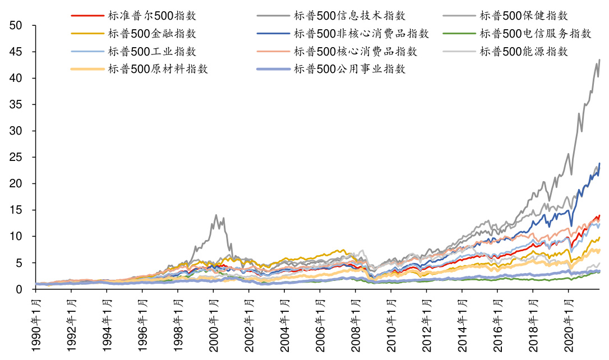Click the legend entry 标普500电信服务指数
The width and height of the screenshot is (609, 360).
tap(533, 34)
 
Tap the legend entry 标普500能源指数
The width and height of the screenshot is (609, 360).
tap(522, 52)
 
